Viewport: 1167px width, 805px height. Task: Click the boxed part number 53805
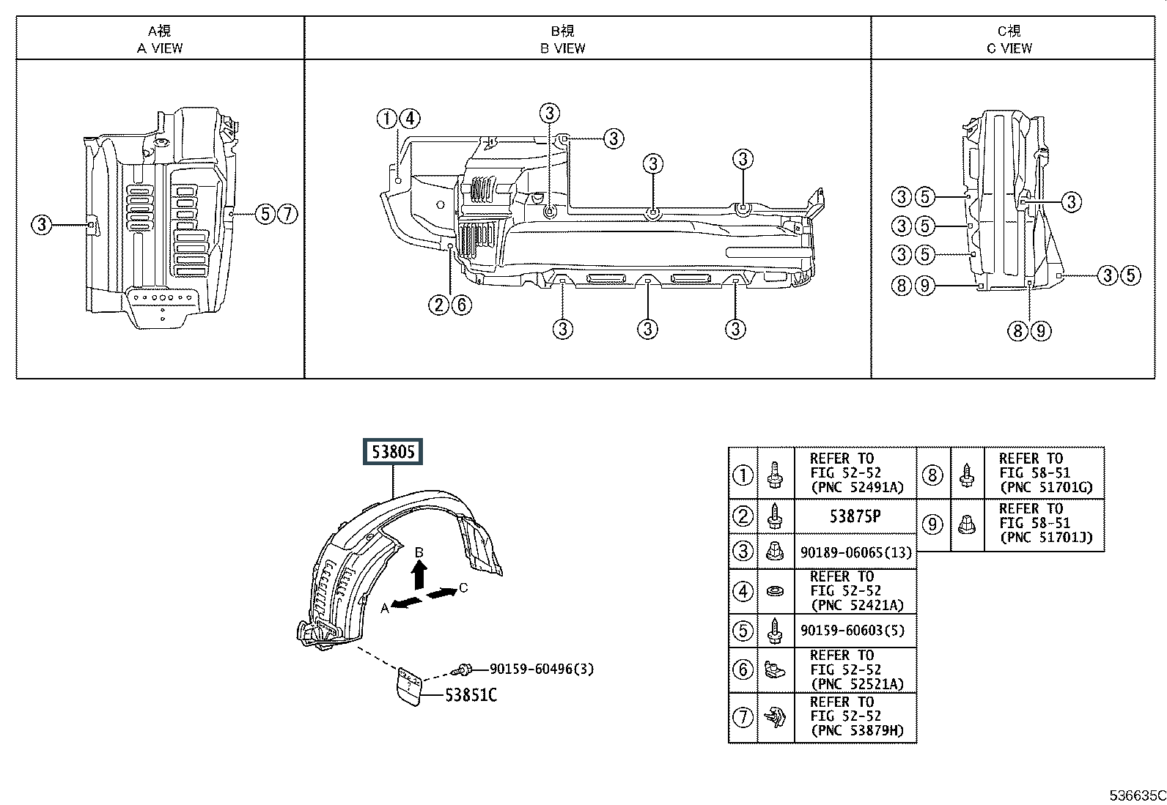[393, 452]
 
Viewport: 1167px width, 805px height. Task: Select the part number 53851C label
[471, 694]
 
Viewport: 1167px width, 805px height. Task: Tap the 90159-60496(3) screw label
[541, 669]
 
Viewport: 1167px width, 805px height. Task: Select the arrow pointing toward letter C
[441, 593]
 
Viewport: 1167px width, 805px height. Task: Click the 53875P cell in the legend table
[855, 516]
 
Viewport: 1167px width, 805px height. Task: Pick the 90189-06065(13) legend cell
[855, 552]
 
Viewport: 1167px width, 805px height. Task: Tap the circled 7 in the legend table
[743, 716]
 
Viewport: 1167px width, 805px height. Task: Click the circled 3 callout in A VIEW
[41, 224]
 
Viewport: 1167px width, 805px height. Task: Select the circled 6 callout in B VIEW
[461, 304]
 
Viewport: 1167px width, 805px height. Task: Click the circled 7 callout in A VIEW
[288, 214]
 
